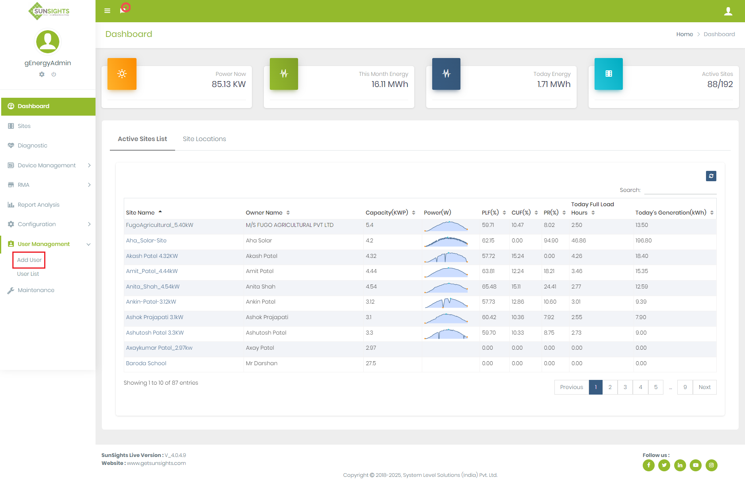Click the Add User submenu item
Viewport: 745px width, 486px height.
[x=29, y=260]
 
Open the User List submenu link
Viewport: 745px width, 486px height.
[x=28, y=274]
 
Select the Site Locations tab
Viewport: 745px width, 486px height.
[x=204, y=139]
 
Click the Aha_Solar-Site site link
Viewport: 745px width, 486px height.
[x=146, y=240]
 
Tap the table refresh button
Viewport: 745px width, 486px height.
[x=711, y=176]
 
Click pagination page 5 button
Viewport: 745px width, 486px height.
[x=655, y=387]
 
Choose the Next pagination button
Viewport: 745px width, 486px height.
[x=704, y=387]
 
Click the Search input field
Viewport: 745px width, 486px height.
[x=680, y=190]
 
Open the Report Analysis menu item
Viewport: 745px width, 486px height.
[x=38, y=205]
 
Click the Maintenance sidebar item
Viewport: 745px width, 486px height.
[x=36, y=290]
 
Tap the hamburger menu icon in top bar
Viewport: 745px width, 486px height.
[x=107, y=11]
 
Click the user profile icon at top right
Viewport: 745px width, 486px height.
[x=728, y=11]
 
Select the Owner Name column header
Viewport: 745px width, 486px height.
[x=264, y=213]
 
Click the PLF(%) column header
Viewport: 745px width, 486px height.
[x=490, y=213]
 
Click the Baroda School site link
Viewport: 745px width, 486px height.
[x=146, y=363]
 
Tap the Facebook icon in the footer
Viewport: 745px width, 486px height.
[x=648, y=465]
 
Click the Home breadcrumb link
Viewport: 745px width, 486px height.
[x=685, y=34]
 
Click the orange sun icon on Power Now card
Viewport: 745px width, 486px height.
[x=122, y=74]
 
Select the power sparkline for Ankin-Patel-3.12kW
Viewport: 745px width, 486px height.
[x=446, y=302]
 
